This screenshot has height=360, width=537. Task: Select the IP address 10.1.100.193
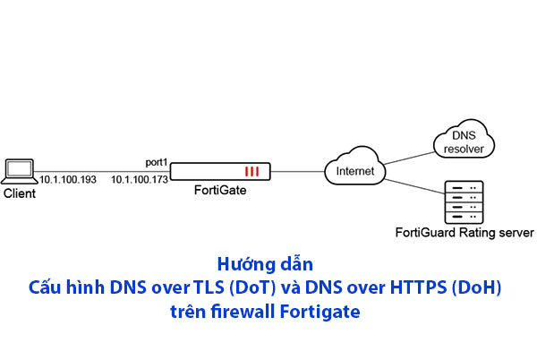(69, 180)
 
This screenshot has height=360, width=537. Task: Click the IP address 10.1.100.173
(140, 180)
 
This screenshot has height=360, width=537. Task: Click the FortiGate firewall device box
(219, 170)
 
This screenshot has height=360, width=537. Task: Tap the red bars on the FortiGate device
(253, 170)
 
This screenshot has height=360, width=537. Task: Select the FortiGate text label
(220, 191)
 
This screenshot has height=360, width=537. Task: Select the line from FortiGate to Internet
(297, 170)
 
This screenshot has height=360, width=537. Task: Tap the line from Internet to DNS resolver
(407, 154)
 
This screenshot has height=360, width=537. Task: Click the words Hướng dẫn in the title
(268, 266)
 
